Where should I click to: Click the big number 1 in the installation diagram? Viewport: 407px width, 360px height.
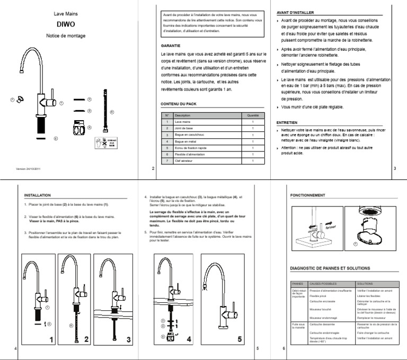coord(51,339)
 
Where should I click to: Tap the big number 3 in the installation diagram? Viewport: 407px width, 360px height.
coord(128,339)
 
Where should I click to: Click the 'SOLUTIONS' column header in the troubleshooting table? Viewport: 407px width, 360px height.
coord(366,283)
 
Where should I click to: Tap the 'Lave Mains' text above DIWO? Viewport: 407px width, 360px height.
coord(66,13)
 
